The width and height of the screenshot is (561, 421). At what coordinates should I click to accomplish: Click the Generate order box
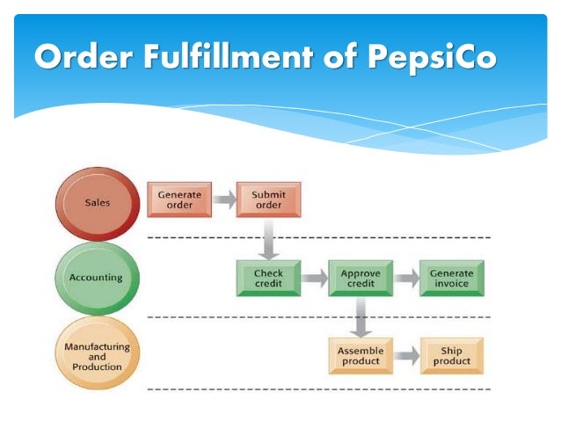tap(179, 200)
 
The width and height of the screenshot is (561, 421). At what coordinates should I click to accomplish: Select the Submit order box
tap(268, 200)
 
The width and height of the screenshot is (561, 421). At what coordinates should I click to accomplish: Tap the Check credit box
tap(268, 279)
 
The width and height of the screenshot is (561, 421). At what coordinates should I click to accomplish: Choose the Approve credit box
tap(361, 279)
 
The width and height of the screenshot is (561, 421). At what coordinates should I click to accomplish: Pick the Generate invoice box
tap(451, 279)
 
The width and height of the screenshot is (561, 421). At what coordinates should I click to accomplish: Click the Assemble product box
tap(361, 356)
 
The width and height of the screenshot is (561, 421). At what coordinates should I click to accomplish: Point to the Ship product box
tap(451, 356)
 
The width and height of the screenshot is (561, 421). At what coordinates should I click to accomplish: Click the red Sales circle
tap(98, 204)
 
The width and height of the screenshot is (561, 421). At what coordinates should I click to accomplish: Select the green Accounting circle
tap(97, 279)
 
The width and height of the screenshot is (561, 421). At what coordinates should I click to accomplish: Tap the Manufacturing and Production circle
tap(97, 352)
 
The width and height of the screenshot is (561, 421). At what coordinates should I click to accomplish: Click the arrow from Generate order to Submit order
tap(225, 200)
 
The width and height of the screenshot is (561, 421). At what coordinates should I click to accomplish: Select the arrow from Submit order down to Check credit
tap(269, 239)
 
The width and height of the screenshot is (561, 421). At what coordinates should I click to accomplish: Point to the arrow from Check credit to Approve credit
tap(315, 278)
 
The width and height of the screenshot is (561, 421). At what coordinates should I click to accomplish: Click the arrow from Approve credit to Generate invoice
tap(406, 278)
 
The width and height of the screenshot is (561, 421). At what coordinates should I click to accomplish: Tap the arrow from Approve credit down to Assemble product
tap(361, 317)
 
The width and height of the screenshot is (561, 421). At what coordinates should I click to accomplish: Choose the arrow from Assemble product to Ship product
tap(407, 356)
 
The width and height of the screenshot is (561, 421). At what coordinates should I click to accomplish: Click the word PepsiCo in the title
tap(433, 57)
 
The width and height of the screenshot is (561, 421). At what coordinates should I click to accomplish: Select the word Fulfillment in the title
tap(229, 55)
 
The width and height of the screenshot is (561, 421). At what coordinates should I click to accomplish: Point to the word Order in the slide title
tap(84, 56)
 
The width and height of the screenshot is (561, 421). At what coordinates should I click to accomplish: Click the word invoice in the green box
tap(451, 283)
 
